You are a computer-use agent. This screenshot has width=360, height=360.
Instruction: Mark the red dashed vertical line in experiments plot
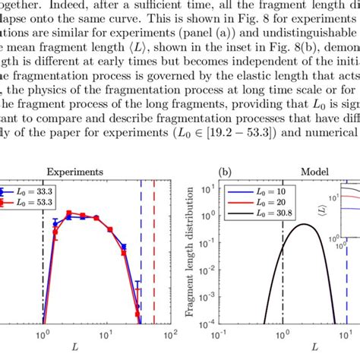[154, 251]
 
